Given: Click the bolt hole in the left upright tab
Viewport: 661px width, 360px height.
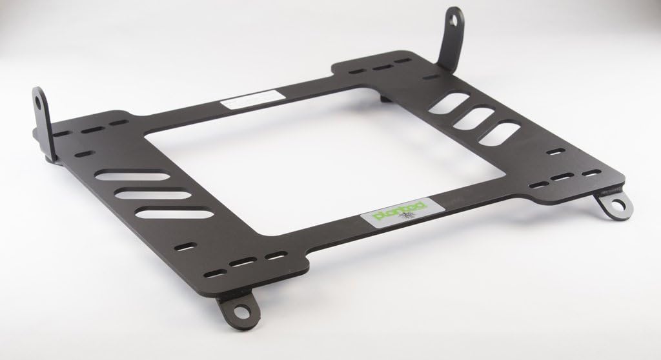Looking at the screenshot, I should (x=41, y=103).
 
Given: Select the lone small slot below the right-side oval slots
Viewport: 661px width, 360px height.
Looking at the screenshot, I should (x=556, y=152).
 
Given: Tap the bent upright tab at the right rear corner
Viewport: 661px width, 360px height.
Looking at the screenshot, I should (x=452, y=39).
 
